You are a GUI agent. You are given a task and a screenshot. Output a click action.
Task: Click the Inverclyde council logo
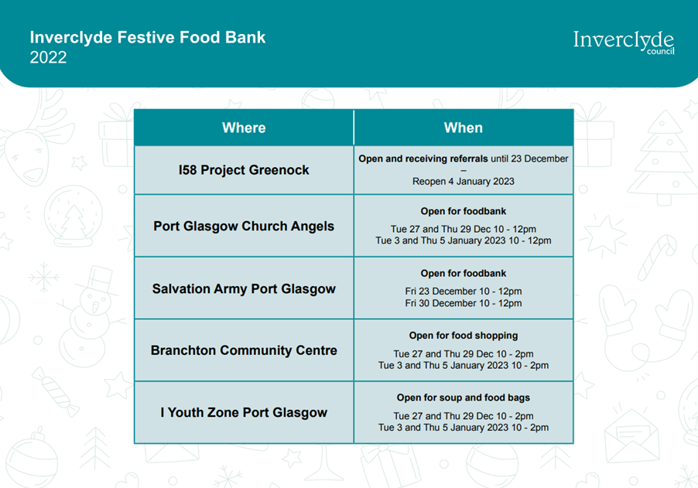click(623, 43)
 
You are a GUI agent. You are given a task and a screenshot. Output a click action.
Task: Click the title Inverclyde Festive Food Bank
click(147, 37)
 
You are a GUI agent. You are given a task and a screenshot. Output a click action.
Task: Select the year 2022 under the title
click(48, 57)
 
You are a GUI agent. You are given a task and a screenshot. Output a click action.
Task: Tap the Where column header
click(244, 128)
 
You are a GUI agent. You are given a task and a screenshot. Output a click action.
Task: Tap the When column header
click(464, 128)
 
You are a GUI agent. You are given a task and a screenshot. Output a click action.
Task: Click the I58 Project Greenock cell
click(244, 170)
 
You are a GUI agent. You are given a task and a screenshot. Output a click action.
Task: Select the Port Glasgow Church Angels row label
click(244, 226)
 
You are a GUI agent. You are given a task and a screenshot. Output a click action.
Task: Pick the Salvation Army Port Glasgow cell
click(244, 288)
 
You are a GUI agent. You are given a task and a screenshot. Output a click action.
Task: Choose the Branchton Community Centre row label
click(244, 350)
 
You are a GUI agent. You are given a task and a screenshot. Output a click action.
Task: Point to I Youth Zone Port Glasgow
click(244, 412)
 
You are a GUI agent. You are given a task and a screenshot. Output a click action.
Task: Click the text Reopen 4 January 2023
click(464, 182)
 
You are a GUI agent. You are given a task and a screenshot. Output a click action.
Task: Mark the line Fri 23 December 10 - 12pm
click(464, 292)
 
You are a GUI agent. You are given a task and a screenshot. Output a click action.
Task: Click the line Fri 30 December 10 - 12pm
click(464, 303)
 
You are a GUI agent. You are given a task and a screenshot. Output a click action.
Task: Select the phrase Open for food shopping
click(464, 336)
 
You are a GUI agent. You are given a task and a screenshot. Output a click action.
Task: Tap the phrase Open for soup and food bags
click(464, 398)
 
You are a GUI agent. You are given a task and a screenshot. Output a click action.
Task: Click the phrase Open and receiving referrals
click(423, 159)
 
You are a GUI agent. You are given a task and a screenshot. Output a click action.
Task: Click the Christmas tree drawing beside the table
click(662, 157)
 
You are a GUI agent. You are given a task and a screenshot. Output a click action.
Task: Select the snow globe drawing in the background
click(73, 217)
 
